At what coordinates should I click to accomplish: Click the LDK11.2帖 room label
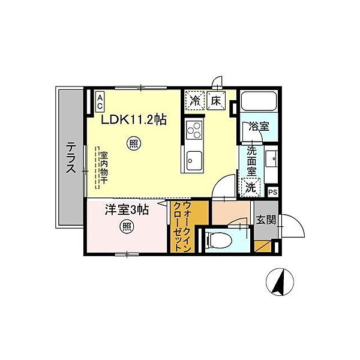134,119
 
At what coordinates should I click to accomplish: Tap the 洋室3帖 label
127,209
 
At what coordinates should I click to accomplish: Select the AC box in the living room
100,102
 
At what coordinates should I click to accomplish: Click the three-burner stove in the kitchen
194,130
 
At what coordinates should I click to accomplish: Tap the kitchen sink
194,160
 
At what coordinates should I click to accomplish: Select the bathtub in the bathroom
259,101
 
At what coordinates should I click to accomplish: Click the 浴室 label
259,126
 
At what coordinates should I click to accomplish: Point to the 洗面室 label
251,161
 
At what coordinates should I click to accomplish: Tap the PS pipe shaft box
273,192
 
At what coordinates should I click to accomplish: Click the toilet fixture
219,241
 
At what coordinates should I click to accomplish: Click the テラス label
71,157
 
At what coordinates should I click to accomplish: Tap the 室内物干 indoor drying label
103,167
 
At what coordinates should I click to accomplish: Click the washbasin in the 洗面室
271,159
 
